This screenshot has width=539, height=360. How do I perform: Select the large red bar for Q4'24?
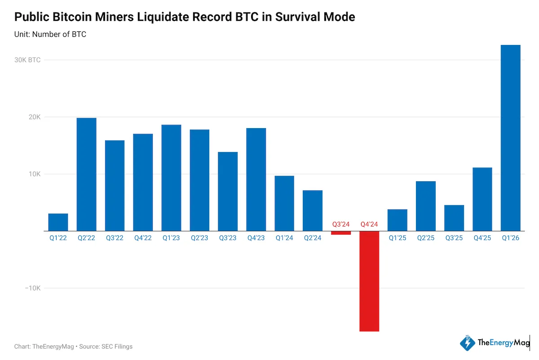tap(369, 281)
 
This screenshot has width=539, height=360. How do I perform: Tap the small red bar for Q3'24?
tap(341, 233)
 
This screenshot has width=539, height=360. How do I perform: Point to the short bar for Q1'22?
tap(58, 222)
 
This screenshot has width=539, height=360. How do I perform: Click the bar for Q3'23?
tap(228, 191)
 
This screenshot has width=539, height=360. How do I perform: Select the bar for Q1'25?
tap(397, 220)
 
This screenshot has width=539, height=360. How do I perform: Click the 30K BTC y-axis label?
tap(28, 60)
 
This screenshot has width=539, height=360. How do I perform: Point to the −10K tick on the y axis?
tap(32, 288)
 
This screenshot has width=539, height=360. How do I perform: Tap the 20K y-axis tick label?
tap(35, 117)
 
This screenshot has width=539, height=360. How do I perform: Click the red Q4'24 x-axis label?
tap(369, 224)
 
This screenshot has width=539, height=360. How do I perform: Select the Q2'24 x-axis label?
tap(313, 238)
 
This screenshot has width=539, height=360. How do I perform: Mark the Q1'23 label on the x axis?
tap(171, 238)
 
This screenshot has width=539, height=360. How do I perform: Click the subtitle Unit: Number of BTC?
tap(50, 34)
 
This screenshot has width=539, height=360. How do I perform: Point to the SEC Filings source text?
tap(119, 347)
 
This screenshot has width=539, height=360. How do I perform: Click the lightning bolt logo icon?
tap(468, 343)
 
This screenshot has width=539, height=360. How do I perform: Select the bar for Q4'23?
tap(256, 179)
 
